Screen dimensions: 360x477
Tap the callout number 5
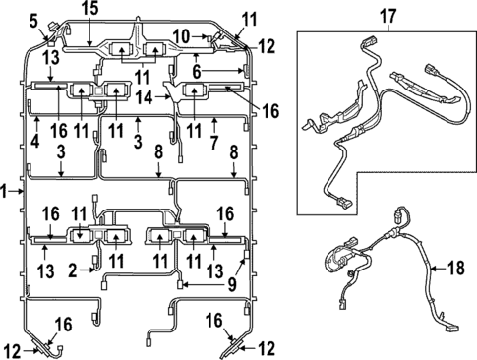coord(34,20)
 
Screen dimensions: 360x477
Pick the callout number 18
coord(455,268)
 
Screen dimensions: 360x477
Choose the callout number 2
coord(72,269)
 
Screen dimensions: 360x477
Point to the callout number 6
coord(197,72)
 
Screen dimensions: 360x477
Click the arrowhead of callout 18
coord(433,268)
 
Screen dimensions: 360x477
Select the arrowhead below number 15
coord(89,45)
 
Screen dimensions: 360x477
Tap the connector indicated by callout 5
coord(49,36)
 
